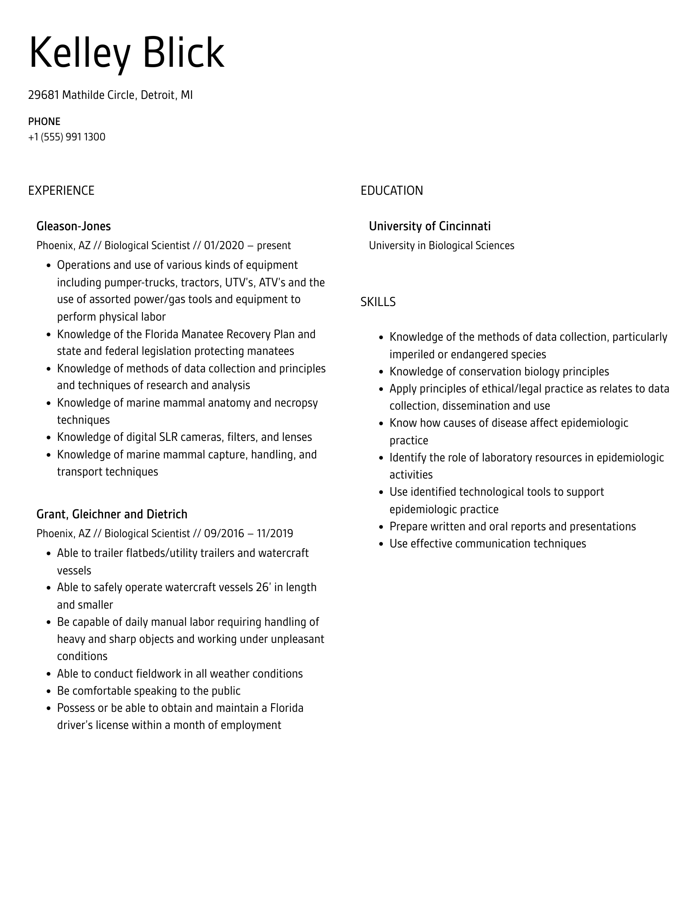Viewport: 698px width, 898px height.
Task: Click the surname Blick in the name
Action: tap(183, 53)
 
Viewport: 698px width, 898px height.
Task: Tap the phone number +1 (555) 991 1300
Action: tap(67, 137)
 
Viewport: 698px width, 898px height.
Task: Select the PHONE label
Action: tap(44, 122)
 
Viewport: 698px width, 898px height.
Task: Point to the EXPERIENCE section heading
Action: tap(61, 190)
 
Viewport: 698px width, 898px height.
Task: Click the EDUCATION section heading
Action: tap(391, 190)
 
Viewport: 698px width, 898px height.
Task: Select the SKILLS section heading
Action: tap(378, 302)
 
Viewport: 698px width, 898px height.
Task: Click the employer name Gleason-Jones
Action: tap(74, 226)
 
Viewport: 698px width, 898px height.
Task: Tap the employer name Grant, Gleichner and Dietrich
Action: tap(112, 514)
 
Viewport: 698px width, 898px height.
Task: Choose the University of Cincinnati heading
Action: tap(429, 226)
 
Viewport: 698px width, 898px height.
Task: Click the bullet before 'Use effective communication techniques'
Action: tap(382, 544)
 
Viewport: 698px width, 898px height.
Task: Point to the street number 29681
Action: tap(43, 95)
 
